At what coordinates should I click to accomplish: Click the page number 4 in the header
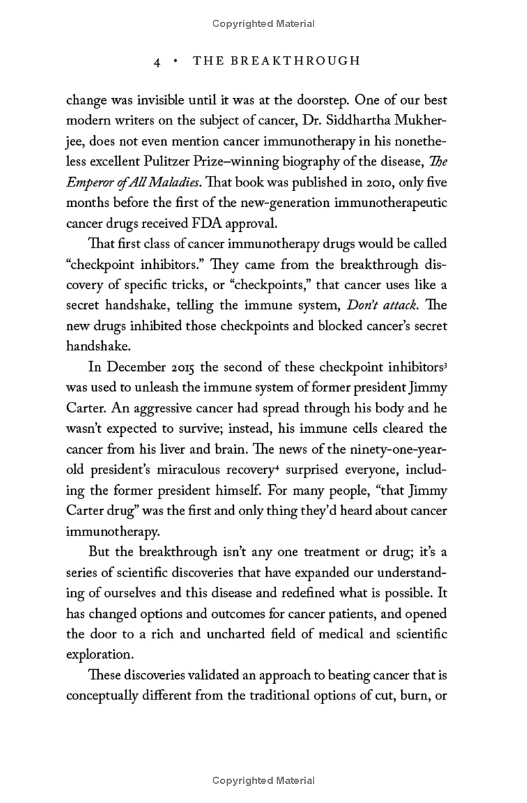tap(157, 61)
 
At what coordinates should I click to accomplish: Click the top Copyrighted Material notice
tap(263, 24)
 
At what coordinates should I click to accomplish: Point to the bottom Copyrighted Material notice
tap(263, 781)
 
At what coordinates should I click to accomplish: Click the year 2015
tap(183, 367)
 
